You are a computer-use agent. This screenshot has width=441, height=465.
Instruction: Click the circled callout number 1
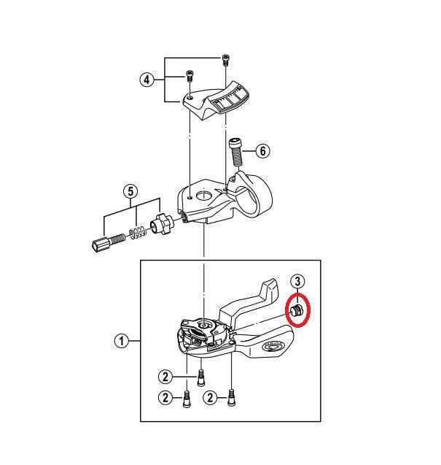tap(122, 340)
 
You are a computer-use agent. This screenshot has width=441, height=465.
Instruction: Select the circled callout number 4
tap(147, 80)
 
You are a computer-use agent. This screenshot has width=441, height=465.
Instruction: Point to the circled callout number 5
tap(130, 192)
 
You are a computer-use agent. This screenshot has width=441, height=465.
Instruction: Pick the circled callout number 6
tap(262, 151)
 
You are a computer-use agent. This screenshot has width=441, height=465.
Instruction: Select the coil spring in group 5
tap(138, 234)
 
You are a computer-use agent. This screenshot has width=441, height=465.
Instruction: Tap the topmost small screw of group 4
tap(224, 58)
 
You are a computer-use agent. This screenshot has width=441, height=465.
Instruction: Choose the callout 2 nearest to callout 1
tap(165, 377)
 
